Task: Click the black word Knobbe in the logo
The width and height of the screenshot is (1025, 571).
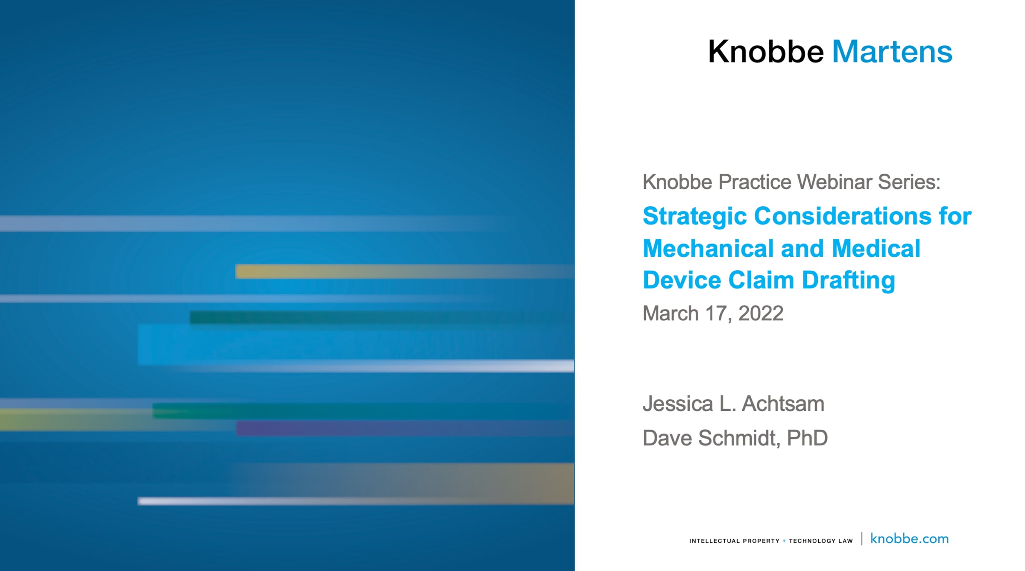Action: click(x=766, y=52)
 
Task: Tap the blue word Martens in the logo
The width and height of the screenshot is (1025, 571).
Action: click(x=892, y=52)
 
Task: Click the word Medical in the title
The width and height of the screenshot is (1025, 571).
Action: click(x=876, y=249)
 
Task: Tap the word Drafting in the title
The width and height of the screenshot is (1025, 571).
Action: click(x=848, y=281)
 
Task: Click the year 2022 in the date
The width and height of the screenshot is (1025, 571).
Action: click(x=761, y=313)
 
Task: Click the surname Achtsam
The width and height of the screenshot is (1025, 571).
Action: click(x=783, y=404)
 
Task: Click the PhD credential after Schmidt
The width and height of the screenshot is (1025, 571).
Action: click(x=807, y=438)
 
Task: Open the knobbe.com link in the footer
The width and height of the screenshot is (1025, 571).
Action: click(x=909, y=539)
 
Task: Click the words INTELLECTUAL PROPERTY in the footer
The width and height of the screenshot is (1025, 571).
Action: click(x=734, y=541)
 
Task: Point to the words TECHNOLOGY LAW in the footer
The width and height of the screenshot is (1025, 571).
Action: click(x=820, y=541)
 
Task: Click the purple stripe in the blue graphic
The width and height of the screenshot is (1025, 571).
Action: click(x=405, y=428)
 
